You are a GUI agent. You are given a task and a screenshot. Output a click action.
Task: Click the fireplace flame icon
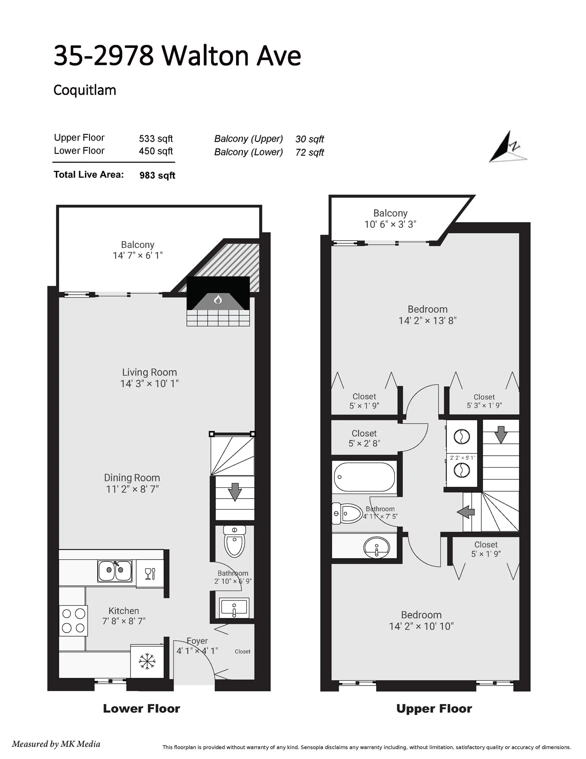(x=218, y=299)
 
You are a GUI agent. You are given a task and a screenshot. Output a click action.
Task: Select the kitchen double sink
(x=114, y=571)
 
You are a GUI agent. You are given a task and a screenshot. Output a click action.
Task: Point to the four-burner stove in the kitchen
(x=73, y=621)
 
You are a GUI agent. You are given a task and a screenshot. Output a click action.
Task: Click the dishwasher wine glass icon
(x=150, y=574)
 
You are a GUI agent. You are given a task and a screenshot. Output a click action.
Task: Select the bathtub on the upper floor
(x=364, y=477)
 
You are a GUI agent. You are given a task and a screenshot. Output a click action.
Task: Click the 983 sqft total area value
(x=157, y=175)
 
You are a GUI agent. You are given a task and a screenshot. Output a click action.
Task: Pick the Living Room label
(x=149, y=372)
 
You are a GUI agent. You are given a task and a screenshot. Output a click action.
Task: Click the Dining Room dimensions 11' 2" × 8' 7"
(x=132, y=489)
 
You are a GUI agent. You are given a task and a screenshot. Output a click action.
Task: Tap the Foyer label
(x=197, y=640)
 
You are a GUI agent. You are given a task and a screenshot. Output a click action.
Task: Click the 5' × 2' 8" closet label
(x=364, y=443)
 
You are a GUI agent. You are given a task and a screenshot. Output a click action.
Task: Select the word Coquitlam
(x=85, y=90)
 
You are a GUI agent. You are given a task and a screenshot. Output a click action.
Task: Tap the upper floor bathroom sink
(x=377, y=547)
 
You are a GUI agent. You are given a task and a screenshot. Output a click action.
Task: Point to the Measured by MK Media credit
(x=56, y=744)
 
